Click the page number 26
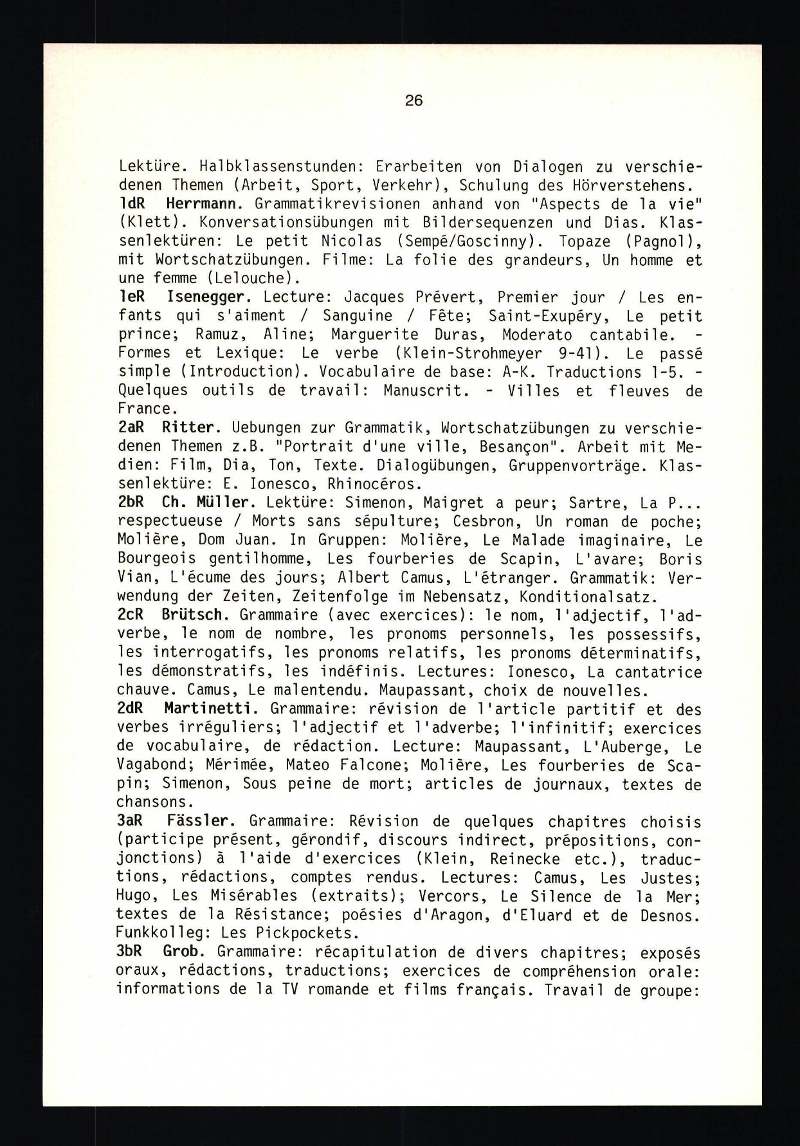click(414, 100)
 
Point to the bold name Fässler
click(197, 821)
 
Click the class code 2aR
click(132, 428)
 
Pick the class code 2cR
click(132, 615)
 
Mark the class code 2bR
click(132, 503)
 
